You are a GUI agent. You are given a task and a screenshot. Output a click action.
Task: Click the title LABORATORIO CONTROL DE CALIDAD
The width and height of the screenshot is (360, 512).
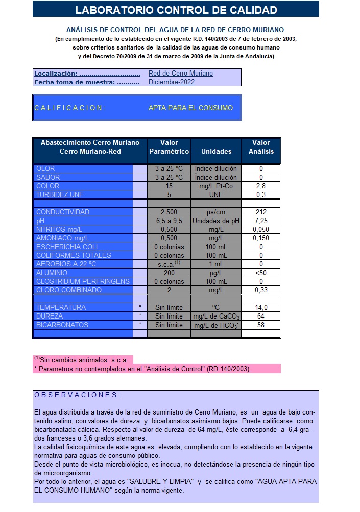176,10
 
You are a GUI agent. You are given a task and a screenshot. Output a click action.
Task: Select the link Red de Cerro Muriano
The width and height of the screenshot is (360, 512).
181,74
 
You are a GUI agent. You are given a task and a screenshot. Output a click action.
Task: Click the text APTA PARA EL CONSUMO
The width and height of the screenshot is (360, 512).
190,108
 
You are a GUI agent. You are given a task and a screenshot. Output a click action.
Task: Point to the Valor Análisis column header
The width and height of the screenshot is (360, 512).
261,147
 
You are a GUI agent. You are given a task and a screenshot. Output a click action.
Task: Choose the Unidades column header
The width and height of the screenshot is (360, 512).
216,151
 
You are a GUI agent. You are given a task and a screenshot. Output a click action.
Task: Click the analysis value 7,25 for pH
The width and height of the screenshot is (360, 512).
261,221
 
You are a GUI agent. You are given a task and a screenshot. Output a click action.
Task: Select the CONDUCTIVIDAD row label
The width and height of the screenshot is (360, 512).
63,212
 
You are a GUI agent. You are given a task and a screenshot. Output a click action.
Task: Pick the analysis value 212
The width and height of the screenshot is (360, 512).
261,212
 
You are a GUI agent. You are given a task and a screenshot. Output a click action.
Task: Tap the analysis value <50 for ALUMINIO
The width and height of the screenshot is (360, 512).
261,273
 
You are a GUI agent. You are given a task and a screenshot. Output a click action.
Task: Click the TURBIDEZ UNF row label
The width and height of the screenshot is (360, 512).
60,194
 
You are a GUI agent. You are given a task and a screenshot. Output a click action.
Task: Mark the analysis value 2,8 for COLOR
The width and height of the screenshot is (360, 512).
261,186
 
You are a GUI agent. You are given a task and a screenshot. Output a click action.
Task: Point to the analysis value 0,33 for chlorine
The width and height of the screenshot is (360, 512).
261,290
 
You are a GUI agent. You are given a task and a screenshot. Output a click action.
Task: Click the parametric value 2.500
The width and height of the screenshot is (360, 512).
169,212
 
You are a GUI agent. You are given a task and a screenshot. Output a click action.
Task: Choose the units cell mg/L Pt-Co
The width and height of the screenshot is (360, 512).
216,186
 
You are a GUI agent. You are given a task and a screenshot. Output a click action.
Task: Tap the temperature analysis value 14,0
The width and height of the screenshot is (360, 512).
261,307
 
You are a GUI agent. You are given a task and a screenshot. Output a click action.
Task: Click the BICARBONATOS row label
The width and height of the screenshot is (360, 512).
62,325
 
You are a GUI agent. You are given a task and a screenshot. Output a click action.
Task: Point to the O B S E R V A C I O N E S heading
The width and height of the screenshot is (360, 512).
78,395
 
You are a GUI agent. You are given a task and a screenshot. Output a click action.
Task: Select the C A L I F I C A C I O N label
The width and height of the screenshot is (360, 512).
70,108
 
